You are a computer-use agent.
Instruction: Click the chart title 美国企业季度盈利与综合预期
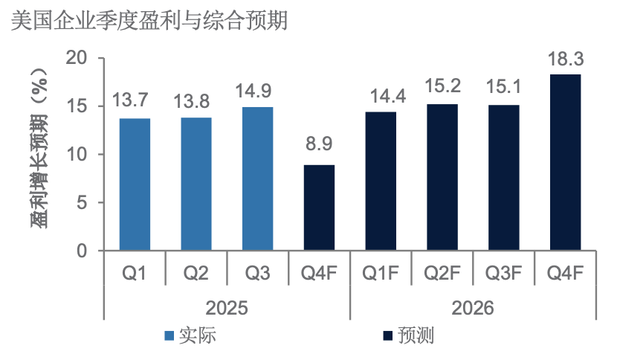tap(149, 20)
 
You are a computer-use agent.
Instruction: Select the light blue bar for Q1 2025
tap(135, 184)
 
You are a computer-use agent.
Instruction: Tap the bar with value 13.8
tap(196, 184)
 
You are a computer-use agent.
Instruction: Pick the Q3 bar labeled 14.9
tap(257, 179)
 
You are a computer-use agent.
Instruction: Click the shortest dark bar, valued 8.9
tap(319, 208)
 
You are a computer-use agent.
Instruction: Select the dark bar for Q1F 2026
tap(381, 181)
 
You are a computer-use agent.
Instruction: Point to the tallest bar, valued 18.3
tap(565, 162)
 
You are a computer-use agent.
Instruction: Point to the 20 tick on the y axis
tap(77, 58)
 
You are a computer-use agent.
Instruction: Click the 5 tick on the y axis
tap(82, 203)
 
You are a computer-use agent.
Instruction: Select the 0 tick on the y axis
tap(82, 251)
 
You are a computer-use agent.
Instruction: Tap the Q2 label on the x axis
tap(196, 274)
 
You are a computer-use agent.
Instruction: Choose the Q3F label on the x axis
tap(504, 274)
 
